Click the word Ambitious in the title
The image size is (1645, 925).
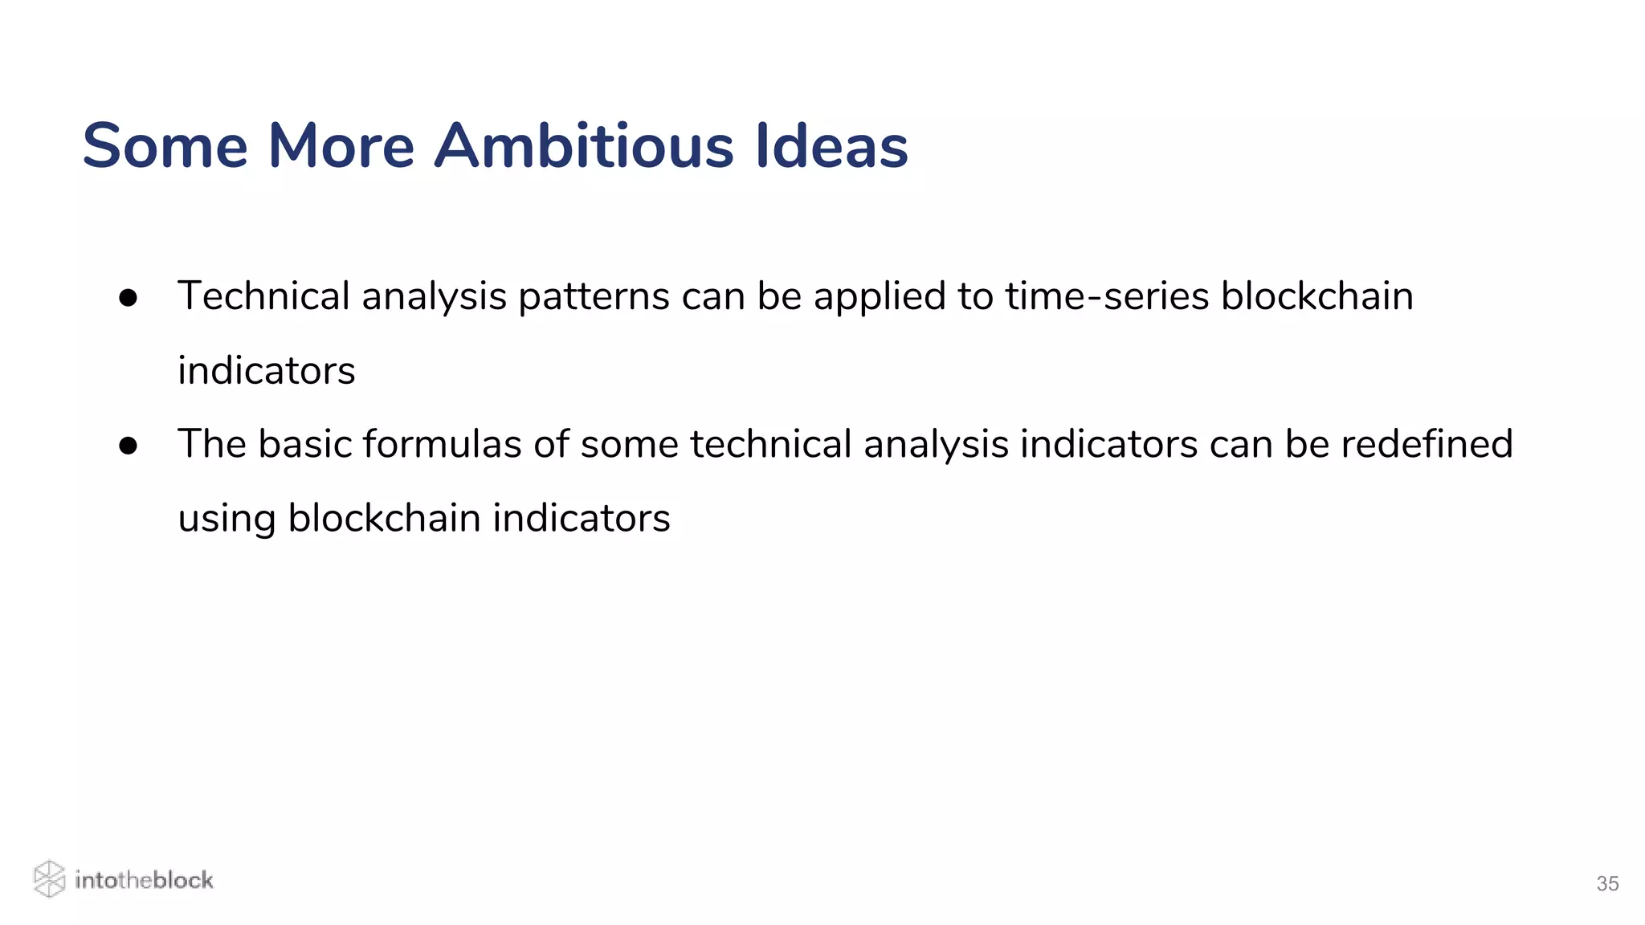pos(584,146)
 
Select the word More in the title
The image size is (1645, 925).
pos(341,146)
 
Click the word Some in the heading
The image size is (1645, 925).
pos(165,146)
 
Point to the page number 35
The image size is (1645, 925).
pos(1606,883)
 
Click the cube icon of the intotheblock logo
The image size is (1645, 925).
pos(49,879)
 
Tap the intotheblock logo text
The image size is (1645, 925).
pos(144,880)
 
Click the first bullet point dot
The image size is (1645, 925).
pos(128,298)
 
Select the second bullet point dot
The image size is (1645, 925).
pos(128,446)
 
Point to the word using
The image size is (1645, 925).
pos(227,520)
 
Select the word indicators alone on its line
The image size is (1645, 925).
pos(266,371)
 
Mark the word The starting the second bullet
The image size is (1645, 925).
pos(211,444)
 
